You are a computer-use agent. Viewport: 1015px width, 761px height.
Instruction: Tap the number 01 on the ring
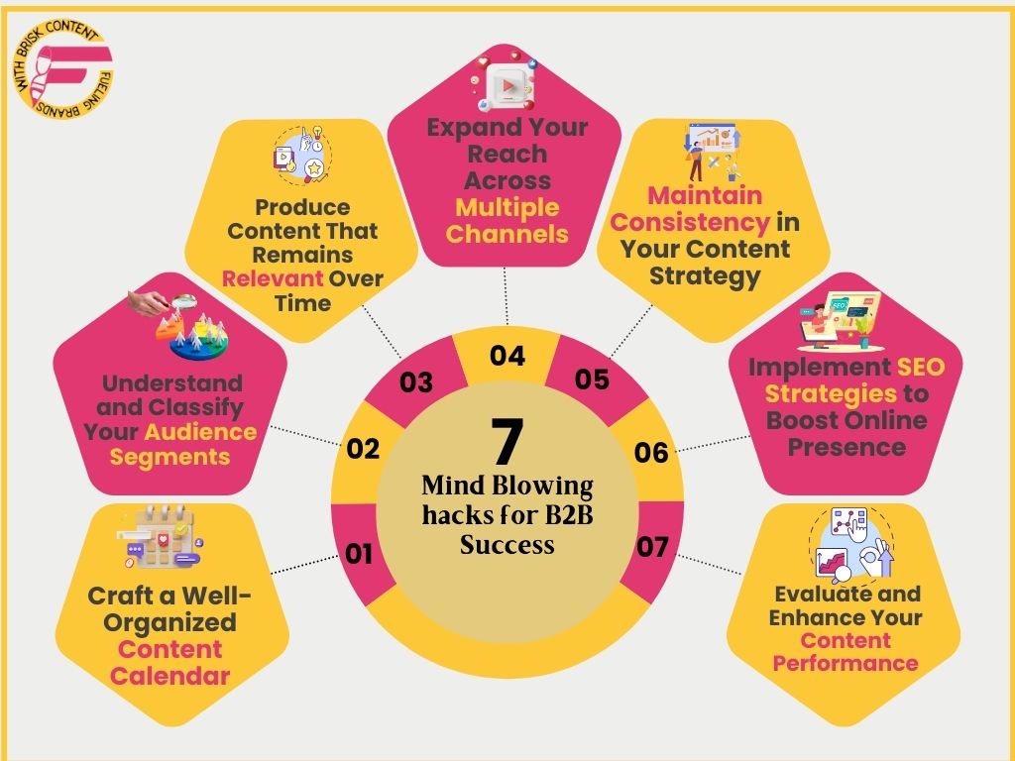click(x=359, y=553)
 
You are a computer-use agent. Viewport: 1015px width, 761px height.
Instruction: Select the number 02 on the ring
click(x=364, y=449)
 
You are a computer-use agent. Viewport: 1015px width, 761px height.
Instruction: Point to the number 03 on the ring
click(x=416, y=382)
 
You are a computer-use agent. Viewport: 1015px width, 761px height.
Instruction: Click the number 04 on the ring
click(x=507, y=356)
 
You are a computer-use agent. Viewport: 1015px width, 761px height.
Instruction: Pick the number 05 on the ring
click(x=592, y=380)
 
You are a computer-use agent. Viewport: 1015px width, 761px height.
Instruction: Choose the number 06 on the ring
click(x=651, y=453)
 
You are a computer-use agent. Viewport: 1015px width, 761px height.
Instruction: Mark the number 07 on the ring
click(x=651, y=546)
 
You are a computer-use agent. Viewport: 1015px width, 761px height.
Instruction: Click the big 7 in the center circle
click(x=507, y=442)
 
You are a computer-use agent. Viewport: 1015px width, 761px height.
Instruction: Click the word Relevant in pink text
click(x=273, y=278)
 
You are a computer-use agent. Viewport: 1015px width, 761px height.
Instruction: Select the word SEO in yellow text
click(x=921, y=368)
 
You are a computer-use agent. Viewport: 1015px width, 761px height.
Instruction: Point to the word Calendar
click(x=169, y=677)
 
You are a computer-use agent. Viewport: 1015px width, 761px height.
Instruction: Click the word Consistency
click(x=690, y=222)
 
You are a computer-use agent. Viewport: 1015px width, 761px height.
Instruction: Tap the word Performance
click(x=846, y=664)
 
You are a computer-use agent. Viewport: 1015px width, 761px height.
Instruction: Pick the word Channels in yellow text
click(x=507, y=235)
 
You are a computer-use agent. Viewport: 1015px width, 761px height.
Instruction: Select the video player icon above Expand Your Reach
click(x=507, y=85)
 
